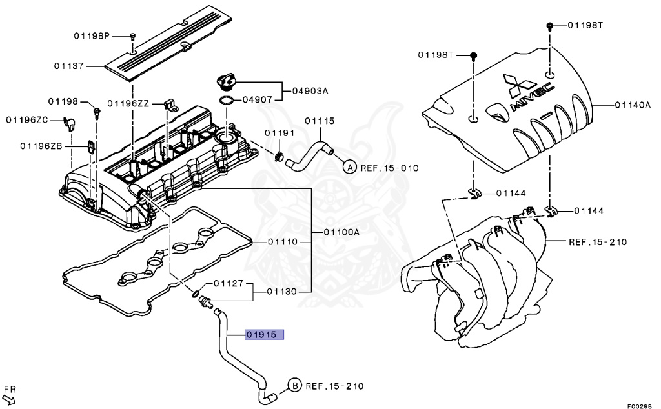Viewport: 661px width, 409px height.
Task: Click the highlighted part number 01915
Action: [264, 335]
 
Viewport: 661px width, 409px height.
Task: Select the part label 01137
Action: [70, 65]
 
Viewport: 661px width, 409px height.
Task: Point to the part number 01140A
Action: [632, 104]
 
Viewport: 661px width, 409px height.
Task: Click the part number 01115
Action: [320, 121]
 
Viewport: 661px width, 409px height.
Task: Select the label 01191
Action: [279, 133]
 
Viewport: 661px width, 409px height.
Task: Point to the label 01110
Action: [282, 242]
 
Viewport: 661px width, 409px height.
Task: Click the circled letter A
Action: [349, 168]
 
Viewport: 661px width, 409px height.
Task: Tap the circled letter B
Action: [294, 386]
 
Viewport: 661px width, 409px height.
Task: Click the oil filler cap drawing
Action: [227, 83]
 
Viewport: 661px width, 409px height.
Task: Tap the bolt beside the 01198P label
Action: [132, 37]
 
